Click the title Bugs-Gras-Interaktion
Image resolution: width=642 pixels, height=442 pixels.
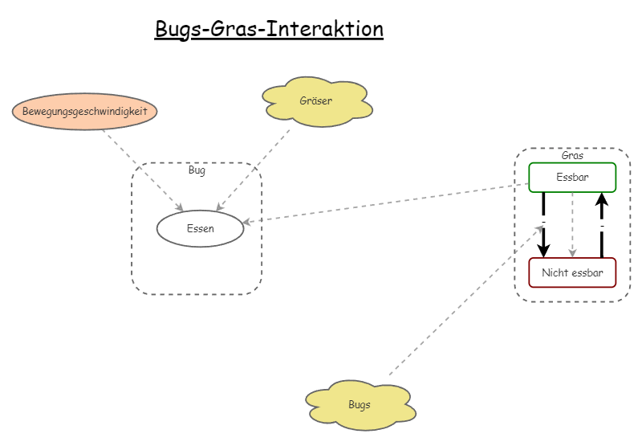click(269, 29)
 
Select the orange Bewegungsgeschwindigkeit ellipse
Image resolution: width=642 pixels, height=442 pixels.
click(84, 111)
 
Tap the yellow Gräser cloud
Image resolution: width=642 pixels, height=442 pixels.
click(315, 102)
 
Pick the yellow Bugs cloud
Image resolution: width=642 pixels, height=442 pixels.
click(360, 404)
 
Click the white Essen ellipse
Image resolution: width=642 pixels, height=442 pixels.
click(200, 229)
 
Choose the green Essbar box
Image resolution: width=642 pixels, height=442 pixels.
click(572, 177)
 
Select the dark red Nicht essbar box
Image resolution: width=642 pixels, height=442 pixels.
click(572, 272)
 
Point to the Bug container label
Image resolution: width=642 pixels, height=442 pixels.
click(197, 170)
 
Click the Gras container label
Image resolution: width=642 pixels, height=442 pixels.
click(572, 155)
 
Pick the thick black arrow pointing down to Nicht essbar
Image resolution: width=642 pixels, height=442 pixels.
click(543, 225)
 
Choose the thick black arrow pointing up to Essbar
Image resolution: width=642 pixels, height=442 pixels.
click(602, 225)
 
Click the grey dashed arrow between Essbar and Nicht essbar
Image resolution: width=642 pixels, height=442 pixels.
click(572, 225)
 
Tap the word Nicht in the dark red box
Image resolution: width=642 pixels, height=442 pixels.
click(555, 272)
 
